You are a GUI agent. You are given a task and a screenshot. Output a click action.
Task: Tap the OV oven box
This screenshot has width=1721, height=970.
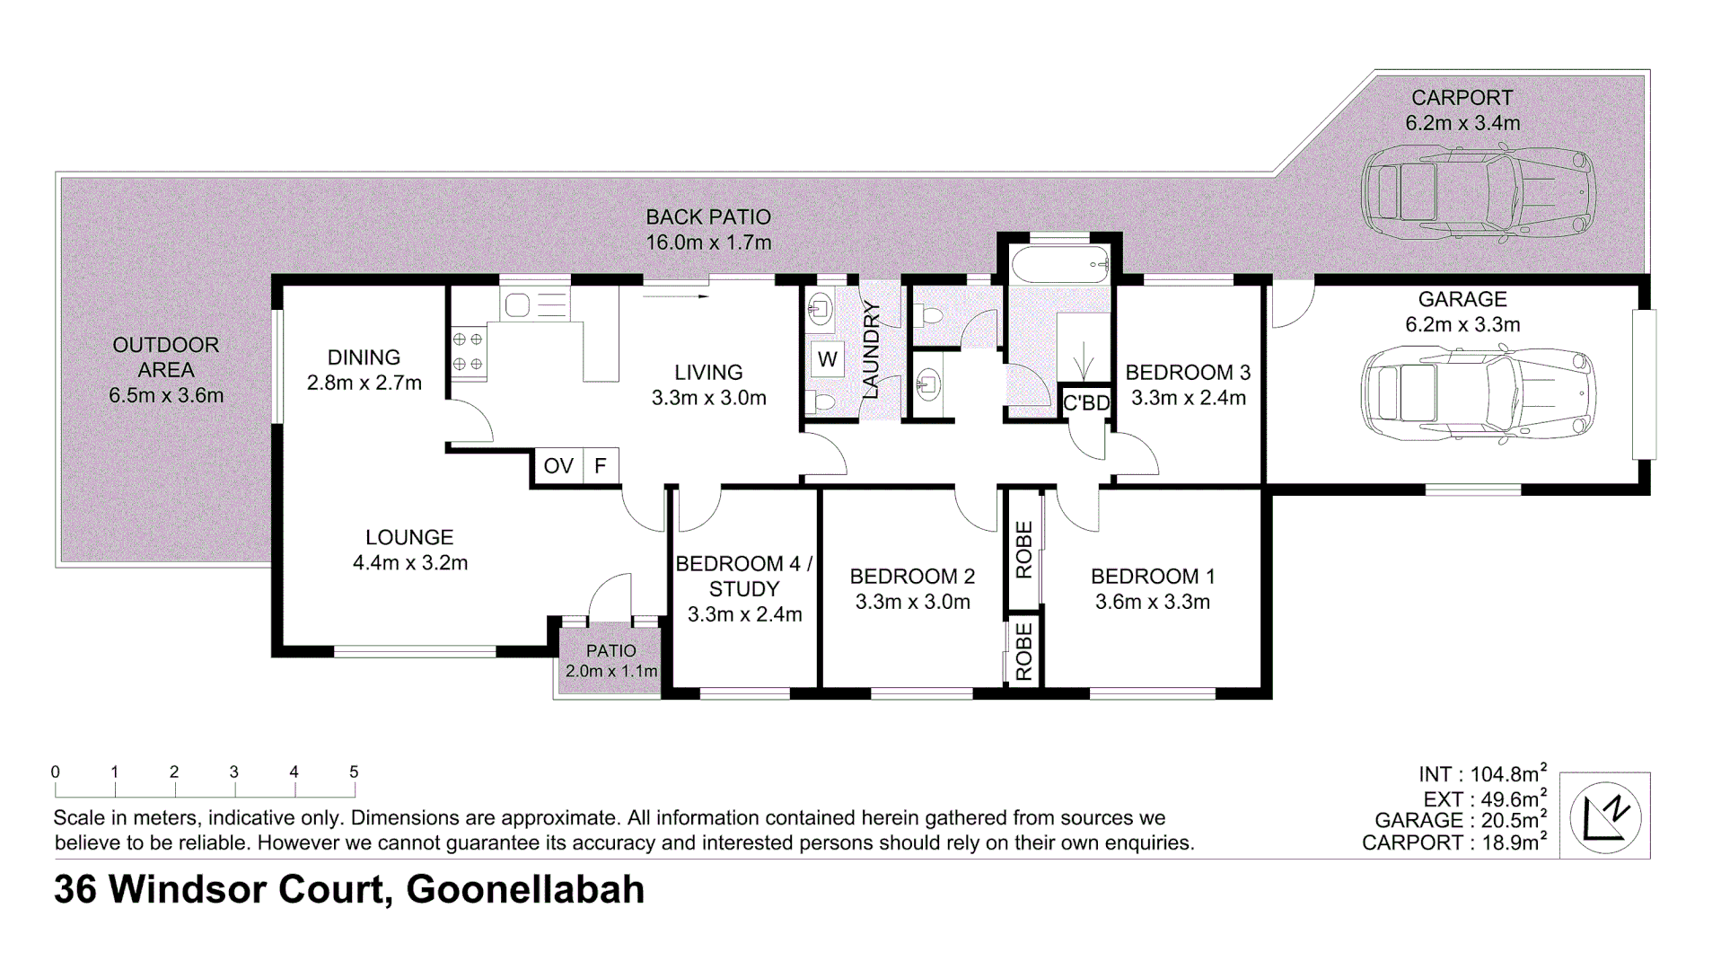click(558, 466)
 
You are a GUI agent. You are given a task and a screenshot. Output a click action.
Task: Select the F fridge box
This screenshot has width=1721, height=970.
click(601, 466)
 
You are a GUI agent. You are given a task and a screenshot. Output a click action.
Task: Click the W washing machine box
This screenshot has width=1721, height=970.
click(827, 359)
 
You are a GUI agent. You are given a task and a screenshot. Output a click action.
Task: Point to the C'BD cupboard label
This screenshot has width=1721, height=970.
click(1086, 403)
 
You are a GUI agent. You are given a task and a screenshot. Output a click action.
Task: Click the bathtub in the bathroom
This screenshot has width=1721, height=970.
click(1059, 266)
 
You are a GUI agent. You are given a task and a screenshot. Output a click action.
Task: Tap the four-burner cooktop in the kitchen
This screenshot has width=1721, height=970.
click(468, 352)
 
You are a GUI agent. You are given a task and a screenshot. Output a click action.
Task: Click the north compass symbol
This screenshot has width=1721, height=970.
click(1605, 816)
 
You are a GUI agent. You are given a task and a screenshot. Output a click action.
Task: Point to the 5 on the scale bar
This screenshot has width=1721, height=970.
click(354, 772)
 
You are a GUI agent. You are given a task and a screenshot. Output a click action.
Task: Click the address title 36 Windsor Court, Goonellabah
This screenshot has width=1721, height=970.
click(349, 889)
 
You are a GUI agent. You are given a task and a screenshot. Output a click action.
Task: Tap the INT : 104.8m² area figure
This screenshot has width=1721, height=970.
click(1482, 773)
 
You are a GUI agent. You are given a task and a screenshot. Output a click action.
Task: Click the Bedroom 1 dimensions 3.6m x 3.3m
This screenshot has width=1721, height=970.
click(1152, 602)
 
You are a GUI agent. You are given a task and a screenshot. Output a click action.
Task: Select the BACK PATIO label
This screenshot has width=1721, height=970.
click(708, 217)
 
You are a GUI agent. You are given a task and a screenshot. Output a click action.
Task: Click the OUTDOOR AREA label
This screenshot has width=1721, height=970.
click(165, 357)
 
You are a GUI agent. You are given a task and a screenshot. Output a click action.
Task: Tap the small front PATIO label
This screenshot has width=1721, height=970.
click(610, 651)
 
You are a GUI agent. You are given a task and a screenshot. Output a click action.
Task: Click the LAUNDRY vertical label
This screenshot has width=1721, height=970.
click(870, 350)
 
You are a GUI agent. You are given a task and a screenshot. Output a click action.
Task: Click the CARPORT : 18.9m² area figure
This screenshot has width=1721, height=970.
click(1453, 842)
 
